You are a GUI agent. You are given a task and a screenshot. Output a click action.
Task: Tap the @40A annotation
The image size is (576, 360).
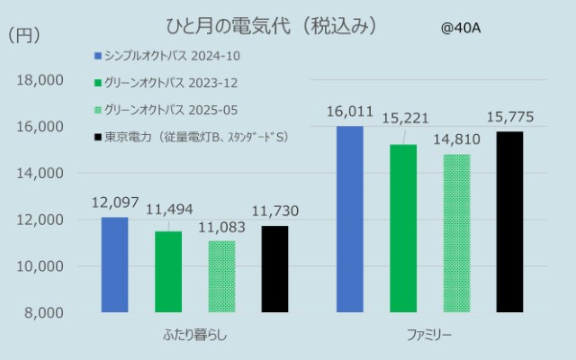point(461,28)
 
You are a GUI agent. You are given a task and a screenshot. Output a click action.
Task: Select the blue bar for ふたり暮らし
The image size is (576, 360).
point(114,265)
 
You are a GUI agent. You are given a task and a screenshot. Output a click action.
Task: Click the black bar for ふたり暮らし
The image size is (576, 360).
point(275,269)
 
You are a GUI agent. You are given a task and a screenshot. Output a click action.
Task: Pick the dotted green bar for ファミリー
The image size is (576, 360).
point(456,233)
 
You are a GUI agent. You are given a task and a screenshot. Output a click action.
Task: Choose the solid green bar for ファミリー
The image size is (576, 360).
point(403,229)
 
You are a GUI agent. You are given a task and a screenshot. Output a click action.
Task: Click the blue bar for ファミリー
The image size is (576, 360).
point(350,220)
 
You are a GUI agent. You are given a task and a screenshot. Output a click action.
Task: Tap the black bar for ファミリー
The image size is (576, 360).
point(509,222)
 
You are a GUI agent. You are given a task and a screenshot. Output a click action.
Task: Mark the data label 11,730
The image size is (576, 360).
point(274,211)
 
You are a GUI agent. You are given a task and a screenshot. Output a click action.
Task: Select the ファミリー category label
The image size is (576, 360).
point(429,336)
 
